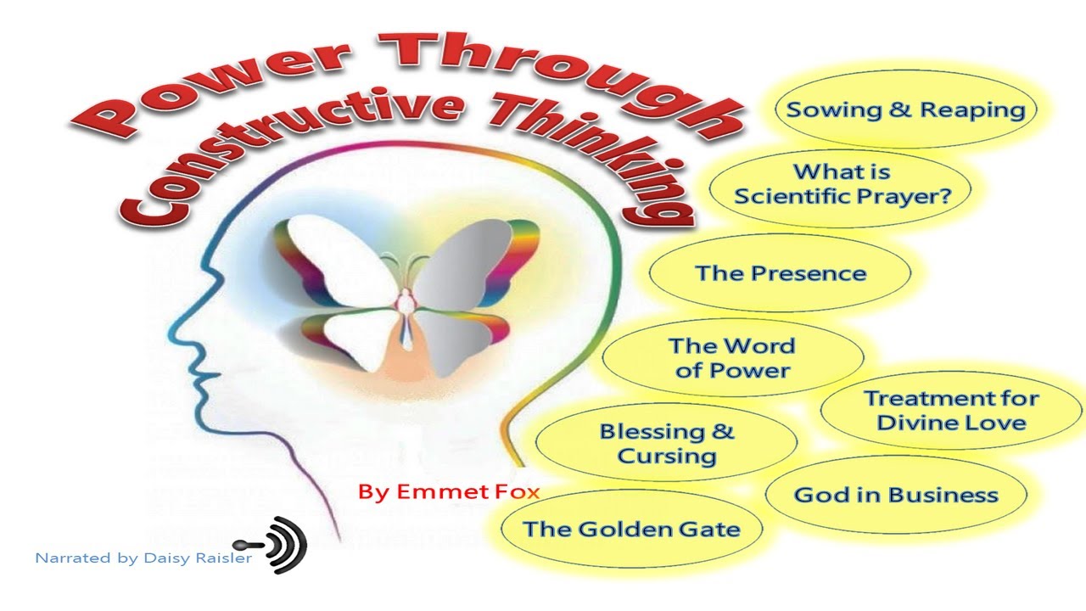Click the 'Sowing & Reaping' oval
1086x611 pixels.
[905, 109]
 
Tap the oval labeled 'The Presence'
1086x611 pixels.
[780, 273]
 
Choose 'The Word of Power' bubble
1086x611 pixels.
[731, 357]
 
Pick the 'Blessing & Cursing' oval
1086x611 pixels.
[666, 443]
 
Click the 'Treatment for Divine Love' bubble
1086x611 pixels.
[951, 410]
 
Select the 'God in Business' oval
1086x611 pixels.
[896, 495]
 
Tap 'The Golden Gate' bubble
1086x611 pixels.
[631, 530]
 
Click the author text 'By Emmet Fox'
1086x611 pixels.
[449, 491]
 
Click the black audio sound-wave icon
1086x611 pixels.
[280, 544]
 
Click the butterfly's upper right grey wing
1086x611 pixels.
[475, 255]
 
